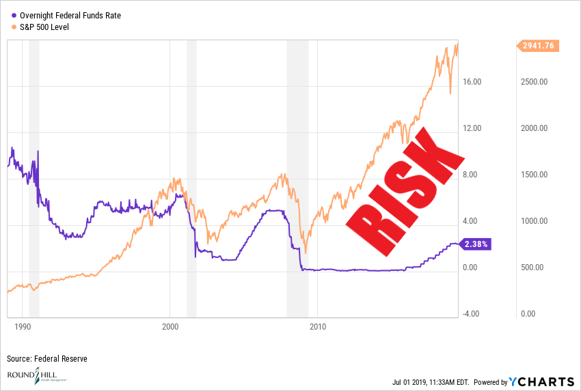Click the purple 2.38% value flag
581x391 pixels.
point(477,244)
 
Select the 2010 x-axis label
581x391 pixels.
point(317,325)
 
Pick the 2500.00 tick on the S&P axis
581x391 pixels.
point(535,82)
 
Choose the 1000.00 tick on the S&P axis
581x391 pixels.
point(535,221)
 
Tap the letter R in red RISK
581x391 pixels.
point(368,222)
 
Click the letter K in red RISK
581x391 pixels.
point(438,154)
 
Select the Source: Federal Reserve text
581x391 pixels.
point(47,358)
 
